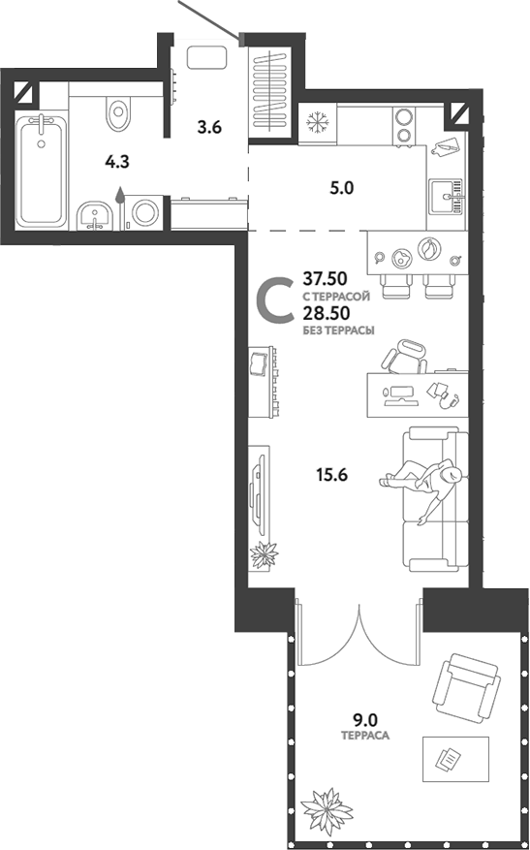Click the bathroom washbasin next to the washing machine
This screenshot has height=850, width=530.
pyautogui.click(x=94, y=215)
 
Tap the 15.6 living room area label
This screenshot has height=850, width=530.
pyautogui.click(x=332, y=475)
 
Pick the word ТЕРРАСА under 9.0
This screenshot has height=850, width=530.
pyautogui.click(x=365, y=737)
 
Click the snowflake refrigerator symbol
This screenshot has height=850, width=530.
pyautogui.click(x=316, y=123)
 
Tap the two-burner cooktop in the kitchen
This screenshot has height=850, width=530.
pyautogui.click(x=404, y=124)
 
